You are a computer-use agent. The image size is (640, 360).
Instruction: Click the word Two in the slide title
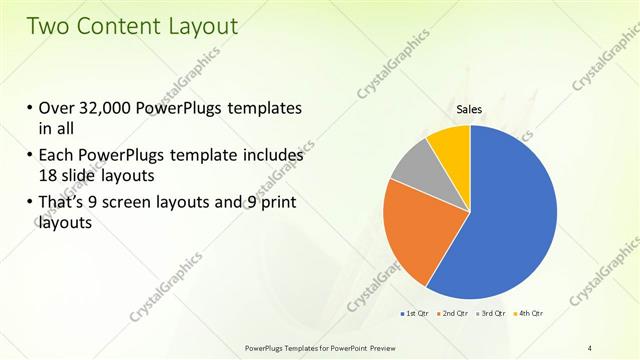(x=48, y=27)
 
